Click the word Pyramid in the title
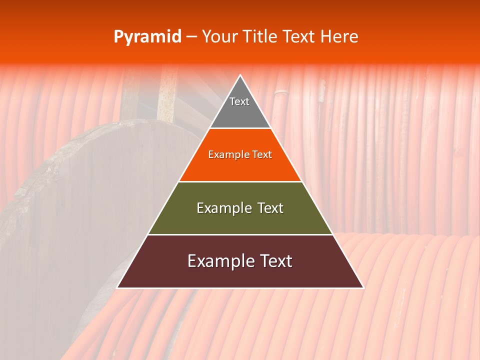pos(147,37)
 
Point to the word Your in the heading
pos(221,37)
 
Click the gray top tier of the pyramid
pos(240,112)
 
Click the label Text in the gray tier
pos(239,101)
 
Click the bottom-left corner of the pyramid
pos(117,287)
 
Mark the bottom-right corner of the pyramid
pos(363,287)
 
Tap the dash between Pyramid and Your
pos(191,37)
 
